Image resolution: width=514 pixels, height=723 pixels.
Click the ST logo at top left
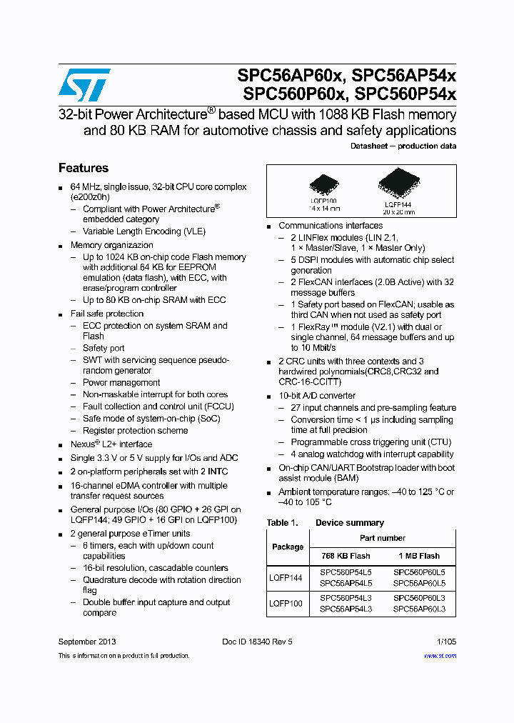coord(84,85)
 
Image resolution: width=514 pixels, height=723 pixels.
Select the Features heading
coord(84,168)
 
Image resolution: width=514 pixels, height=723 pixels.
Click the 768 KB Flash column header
coord(346,556)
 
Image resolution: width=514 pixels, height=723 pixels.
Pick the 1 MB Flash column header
coord(419,556)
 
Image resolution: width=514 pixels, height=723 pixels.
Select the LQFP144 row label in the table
coord(286,577)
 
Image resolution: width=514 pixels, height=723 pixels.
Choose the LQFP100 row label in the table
coord(286,603)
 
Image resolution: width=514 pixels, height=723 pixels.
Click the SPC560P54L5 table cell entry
coord(346,572)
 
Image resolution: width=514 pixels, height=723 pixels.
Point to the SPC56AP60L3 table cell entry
coord(419,609)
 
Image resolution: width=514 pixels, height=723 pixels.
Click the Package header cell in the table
coord(288,547)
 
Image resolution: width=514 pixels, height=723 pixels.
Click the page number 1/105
coord(445,642)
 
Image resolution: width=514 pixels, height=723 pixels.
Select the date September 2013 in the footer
coord(87,642)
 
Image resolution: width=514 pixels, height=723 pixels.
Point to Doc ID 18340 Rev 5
coord(257,642)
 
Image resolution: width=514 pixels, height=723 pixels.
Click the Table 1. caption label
coord(282,523)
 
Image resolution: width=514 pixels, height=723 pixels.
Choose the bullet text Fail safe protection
coord(106,314)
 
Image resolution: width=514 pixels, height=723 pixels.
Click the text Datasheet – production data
coord(403,146)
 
